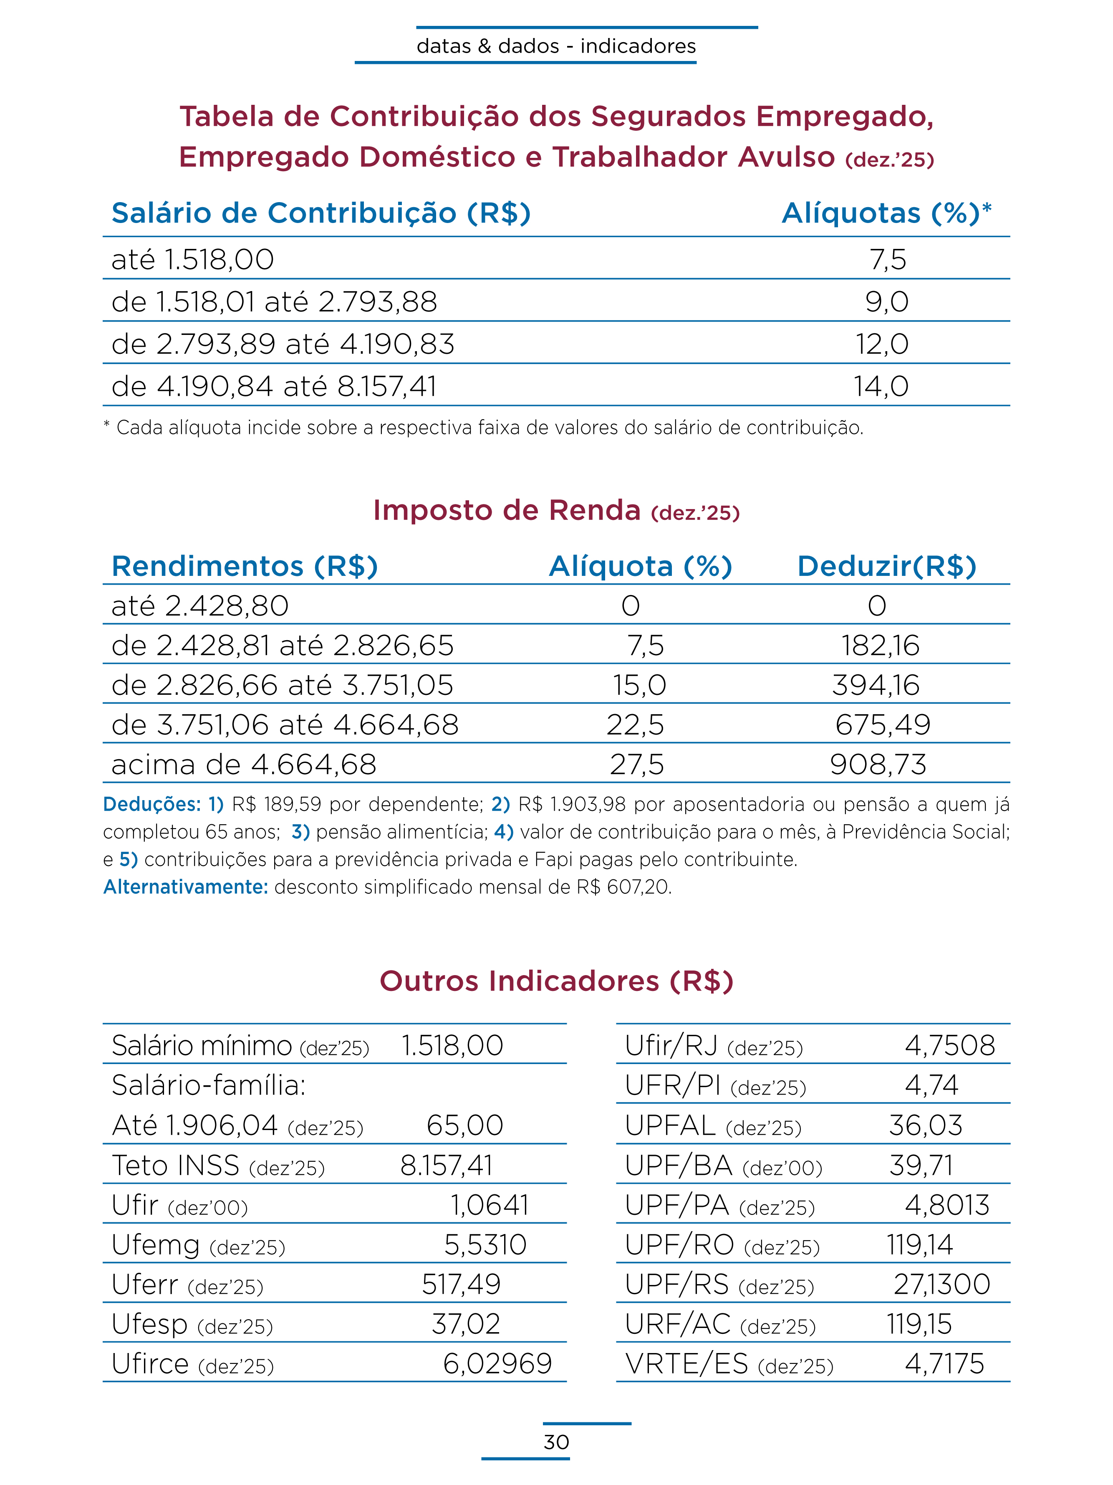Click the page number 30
point(556,1442)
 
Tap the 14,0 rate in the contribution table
point(881,387)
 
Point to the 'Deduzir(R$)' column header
point(886,567)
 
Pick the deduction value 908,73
point(878,765)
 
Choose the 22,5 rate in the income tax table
point(635,725)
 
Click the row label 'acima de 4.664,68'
point(244,765)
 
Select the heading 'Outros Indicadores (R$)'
point(556,981)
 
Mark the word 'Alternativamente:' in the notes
point(186,887)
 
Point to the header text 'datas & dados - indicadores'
point(556,46)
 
